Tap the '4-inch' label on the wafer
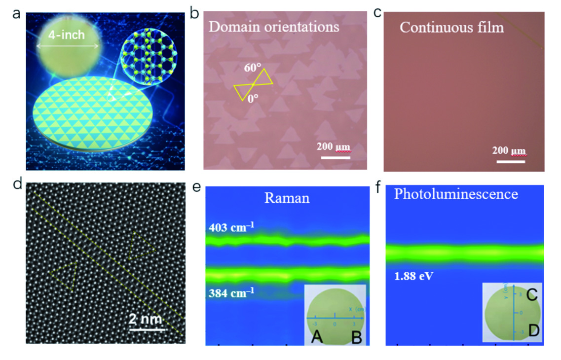tap(68, 36)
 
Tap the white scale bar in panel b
tap(335, 158)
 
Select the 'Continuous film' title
tap(451, 27)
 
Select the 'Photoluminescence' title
tap(456, 194)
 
